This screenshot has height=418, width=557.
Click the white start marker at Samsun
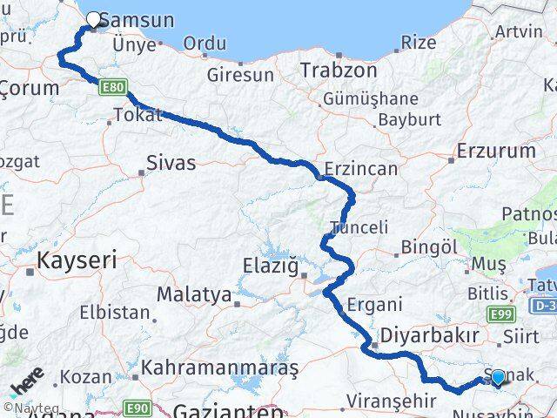click(94, 17)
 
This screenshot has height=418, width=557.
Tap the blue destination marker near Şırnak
click(498, 378)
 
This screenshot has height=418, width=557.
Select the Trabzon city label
click(339, 71)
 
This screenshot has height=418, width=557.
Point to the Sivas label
click(171, 162)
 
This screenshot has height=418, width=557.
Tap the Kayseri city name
click(77, 260)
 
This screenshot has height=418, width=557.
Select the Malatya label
click(194, 294)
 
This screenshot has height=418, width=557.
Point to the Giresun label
click(239, 75)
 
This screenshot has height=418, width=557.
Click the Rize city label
click(419, 42)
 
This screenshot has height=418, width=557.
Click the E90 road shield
click(136, 406)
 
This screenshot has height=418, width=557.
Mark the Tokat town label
click(138, 115)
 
